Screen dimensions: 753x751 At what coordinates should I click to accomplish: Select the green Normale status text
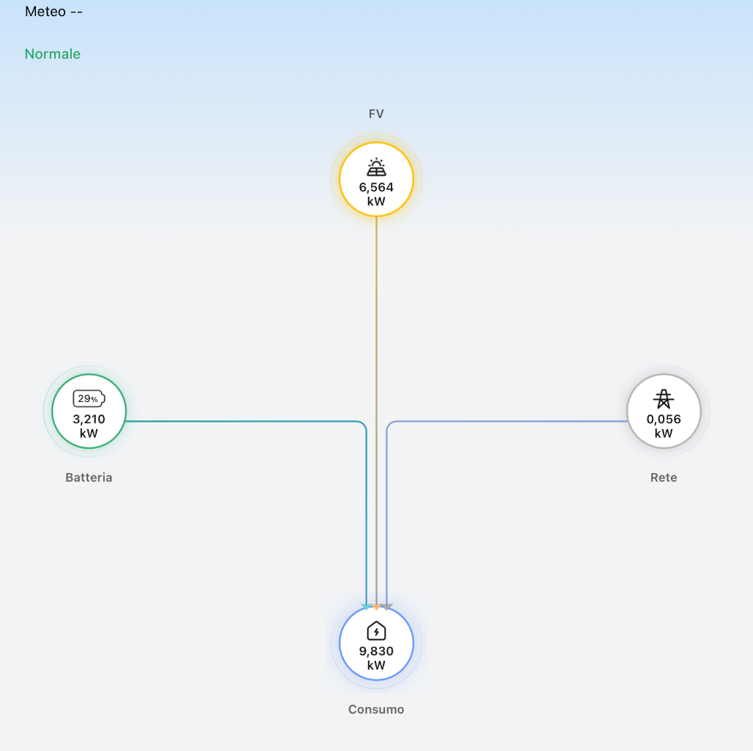(52, 54)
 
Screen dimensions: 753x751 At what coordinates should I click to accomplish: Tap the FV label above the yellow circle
(376, 114)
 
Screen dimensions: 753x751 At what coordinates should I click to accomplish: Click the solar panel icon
(377, 167)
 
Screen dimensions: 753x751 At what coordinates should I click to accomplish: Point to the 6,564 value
(377, 187)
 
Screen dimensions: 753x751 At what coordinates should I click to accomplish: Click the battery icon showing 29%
(89, 399)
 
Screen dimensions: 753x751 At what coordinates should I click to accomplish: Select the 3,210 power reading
(89, 419)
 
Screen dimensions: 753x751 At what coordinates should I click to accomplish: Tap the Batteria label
(89, 477)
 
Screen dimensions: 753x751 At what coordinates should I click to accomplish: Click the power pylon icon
(664, 399)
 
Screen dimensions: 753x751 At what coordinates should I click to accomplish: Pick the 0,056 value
(664, 419)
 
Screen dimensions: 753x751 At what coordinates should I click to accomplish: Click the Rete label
(664, 477)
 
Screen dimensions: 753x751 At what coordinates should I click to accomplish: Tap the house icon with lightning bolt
(377, 631)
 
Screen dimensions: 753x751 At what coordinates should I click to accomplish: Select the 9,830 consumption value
(377, 651)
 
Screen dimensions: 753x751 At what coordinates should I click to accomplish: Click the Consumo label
(376, 710)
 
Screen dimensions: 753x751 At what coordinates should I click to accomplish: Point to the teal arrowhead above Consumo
(367, 607)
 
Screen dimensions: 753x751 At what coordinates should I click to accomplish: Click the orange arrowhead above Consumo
(377, 607)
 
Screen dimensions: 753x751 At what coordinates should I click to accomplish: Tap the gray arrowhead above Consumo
(387, 607)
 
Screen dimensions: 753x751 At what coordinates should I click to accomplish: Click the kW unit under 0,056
(664, 433)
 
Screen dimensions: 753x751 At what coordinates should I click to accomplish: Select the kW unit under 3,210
(89, 433)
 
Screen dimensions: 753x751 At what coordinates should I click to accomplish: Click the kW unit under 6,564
(377, 202)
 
